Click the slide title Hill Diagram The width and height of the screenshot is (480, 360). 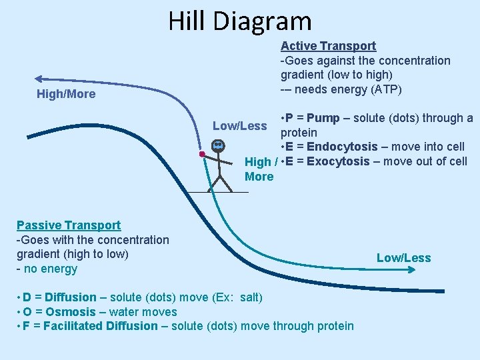pos(240,21)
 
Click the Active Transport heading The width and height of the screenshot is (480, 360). pos(328,46)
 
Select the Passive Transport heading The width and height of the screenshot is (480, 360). pos(69,225)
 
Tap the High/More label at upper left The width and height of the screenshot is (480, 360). pos(66,94)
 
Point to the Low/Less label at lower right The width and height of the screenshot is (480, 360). pos(404,258)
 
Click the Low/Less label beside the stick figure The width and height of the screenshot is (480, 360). pos(239,126)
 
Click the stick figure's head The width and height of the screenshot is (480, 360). pos(218,145)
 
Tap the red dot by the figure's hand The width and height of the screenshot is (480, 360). pos(201,154)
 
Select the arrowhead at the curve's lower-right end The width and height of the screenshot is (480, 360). pos(442,290)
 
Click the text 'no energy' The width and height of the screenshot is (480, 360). pos(50,269)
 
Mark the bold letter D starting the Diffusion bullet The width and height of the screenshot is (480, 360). pos(26,297)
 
